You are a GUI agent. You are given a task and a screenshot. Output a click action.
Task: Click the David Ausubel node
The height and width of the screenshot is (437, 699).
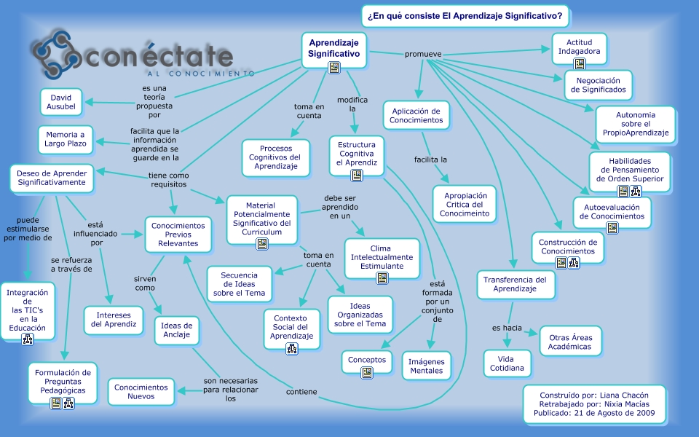click(x=62, y=102)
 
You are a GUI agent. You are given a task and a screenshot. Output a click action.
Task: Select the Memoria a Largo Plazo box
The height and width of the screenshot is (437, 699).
click(x=66, y=139)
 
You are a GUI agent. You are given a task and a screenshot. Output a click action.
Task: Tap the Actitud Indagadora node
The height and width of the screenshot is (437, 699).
click(x=579, y=48)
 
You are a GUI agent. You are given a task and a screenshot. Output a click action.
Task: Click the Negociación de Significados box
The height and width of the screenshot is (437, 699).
click(x=598, y=85)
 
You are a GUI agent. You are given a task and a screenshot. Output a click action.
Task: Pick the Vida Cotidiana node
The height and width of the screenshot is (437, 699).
click(x=510, y=363)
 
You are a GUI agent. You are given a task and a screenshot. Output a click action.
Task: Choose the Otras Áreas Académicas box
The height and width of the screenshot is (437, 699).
click(x=571, y=342)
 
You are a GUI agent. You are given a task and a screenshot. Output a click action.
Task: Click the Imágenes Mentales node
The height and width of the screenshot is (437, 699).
click(x=426, y=365)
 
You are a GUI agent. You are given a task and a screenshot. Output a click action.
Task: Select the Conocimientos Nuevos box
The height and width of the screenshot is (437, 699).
click(x=141, y=392)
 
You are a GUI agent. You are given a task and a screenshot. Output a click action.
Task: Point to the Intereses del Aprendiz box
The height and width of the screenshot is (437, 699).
click(x=114, y=319)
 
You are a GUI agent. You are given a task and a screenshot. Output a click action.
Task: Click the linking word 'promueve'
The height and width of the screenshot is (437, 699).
click(x=423, y=54)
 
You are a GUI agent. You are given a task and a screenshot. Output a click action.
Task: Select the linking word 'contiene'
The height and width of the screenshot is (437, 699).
click(x=301, y=392)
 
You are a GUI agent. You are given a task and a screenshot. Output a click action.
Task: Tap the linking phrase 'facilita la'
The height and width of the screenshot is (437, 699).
click(x=430, y=159)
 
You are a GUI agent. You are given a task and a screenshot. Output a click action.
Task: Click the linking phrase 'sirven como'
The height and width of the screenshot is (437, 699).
click(x=145, y=283)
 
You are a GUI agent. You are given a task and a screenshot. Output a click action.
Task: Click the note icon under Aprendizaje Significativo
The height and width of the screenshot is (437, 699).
click(x=334, y=68)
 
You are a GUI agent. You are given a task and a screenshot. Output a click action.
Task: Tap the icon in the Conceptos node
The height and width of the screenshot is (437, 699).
click(x=367, y=373)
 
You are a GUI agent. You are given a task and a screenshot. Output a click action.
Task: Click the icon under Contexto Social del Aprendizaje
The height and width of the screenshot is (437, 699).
click(x=292, y=348)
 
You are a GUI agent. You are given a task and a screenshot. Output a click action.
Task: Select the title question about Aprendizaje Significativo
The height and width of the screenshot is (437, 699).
click(x=465, y=15)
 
